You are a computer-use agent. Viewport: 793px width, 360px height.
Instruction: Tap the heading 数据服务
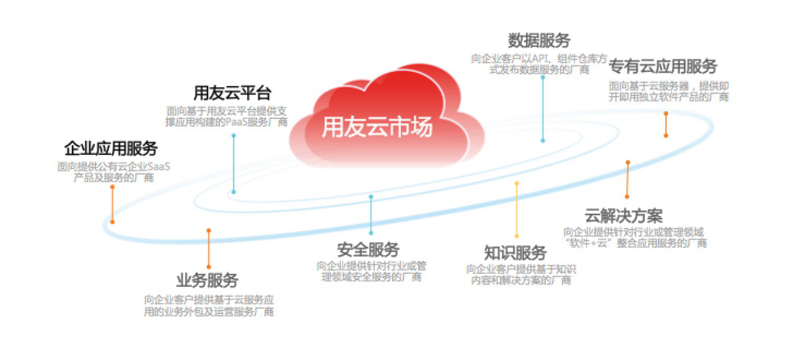coord(539,41)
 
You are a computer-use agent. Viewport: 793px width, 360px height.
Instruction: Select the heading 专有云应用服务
coord(663,66)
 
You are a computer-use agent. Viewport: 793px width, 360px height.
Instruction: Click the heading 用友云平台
coord(232,94)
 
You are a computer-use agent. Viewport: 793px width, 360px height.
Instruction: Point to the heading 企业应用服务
coord(111,149)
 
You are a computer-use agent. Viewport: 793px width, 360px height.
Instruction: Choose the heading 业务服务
coord(208,280)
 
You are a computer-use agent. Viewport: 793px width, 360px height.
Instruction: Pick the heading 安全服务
coord(369,250)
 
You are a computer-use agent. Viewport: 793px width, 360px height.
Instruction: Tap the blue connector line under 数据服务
coord(543,109)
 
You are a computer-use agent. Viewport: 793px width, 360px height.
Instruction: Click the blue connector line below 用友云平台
coord(234,164)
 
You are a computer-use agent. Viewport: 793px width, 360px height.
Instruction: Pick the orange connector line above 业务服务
coord(209,249)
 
